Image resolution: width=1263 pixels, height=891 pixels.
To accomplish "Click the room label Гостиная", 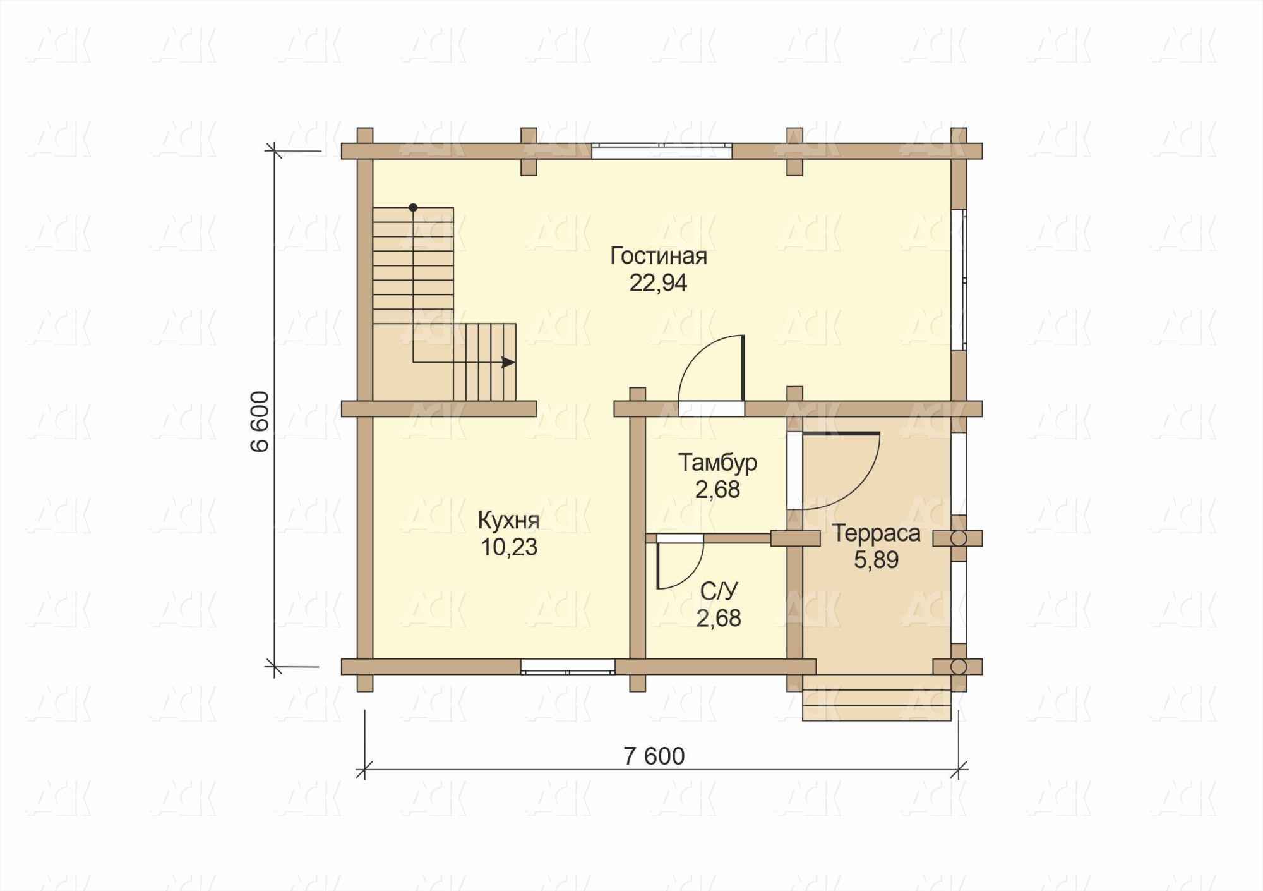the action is click(x=659, y=257).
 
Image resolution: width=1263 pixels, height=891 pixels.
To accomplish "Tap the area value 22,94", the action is click(x=658, y=283).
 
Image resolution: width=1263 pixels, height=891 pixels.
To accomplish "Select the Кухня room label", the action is click(x=508, y=521).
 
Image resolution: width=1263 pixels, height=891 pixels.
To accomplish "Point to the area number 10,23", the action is click(x=509, y=547).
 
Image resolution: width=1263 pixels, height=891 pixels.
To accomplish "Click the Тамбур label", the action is click(x=717, y=463).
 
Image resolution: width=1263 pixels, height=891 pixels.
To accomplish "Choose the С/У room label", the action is click(x=719, y=591).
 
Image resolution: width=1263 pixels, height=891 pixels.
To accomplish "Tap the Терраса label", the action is click(x=876, y=533).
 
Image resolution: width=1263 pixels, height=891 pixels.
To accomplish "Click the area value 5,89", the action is click(x=876, y=560).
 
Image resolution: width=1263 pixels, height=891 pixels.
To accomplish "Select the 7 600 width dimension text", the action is click(x=654, y=756).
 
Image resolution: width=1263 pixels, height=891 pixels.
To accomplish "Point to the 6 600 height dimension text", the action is click(x=260, y=421).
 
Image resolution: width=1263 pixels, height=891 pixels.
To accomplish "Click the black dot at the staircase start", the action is click(x=413, y=207).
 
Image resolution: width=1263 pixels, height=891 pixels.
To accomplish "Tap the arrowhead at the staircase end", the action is click(x=508, y=362).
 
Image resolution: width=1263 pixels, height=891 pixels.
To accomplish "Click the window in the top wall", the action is click(x=662, y=151).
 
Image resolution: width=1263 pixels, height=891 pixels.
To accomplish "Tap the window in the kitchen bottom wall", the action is click(x=568, y=667).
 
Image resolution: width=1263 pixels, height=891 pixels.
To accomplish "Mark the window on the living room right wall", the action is click(x=959, y=279).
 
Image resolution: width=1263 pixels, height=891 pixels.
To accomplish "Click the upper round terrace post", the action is click(x=959, y=538).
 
